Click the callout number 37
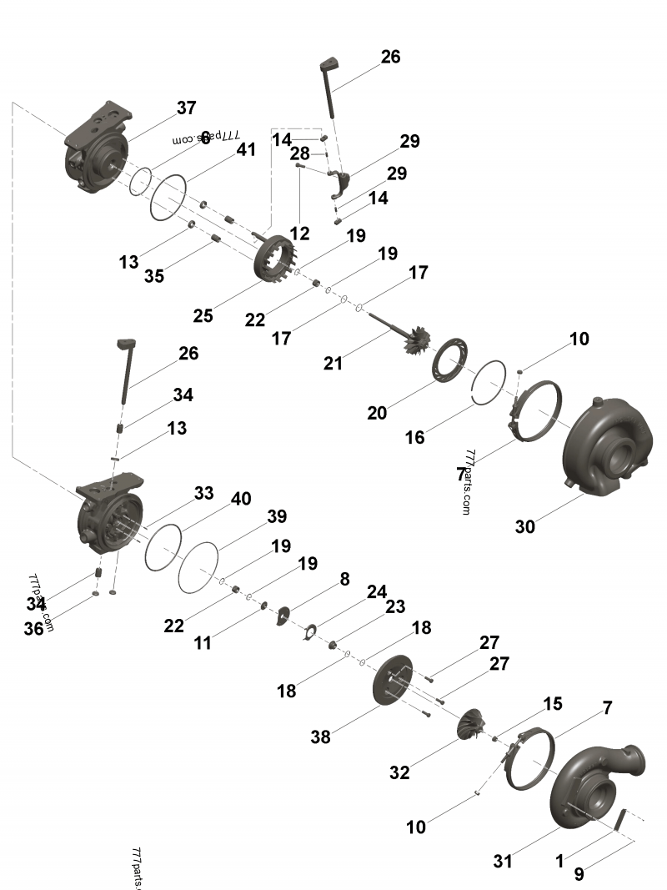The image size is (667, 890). tap(186, 108)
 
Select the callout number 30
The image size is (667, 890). tap(524, 526)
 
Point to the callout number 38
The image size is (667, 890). tap(321, 737)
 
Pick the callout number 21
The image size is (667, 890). tap(334, 363)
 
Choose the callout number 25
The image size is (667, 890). tap(203, 315)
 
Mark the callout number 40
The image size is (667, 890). tap(240, 499)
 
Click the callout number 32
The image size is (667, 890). tap(399, 772)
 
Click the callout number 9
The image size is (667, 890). tap(578, 875)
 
